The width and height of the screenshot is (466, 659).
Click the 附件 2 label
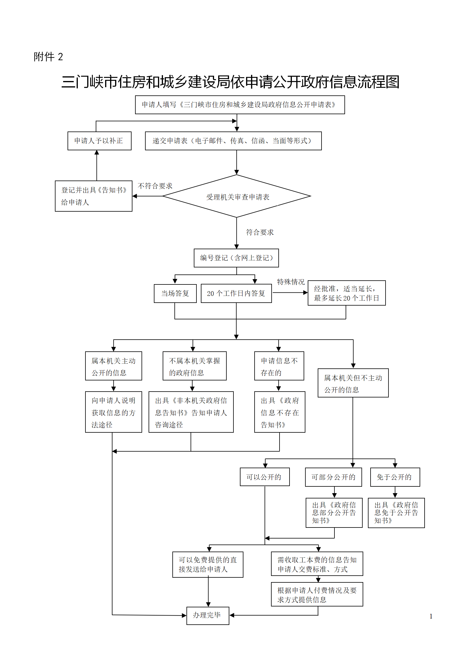48,57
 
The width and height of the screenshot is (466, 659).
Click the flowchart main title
230,82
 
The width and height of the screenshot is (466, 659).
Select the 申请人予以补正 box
99,141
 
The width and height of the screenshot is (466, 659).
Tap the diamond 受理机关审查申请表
237,196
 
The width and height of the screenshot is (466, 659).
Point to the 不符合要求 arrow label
155,186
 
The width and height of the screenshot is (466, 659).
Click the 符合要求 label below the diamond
260,232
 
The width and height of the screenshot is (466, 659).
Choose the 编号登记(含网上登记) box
236,258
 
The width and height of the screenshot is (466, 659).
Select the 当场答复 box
175,293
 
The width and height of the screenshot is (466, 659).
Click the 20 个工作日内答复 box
236,293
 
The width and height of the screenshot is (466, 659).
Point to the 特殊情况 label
291,282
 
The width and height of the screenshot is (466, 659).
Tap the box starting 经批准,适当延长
346,293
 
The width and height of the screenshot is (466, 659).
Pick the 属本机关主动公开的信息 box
113,366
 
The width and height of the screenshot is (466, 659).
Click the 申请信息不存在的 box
279,366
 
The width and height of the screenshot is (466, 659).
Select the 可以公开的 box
265,477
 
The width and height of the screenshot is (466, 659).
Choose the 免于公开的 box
395,477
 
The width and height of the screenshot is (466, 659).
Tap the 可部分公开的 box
333,477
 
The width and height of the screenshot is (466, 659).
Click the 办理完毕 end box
208,615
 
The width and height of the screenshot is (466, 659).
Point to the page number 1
431,616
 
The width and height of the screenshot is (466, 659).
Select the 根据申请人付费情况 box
317,594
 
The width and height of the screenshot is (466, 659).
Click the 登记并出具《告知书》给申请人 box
93,196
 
